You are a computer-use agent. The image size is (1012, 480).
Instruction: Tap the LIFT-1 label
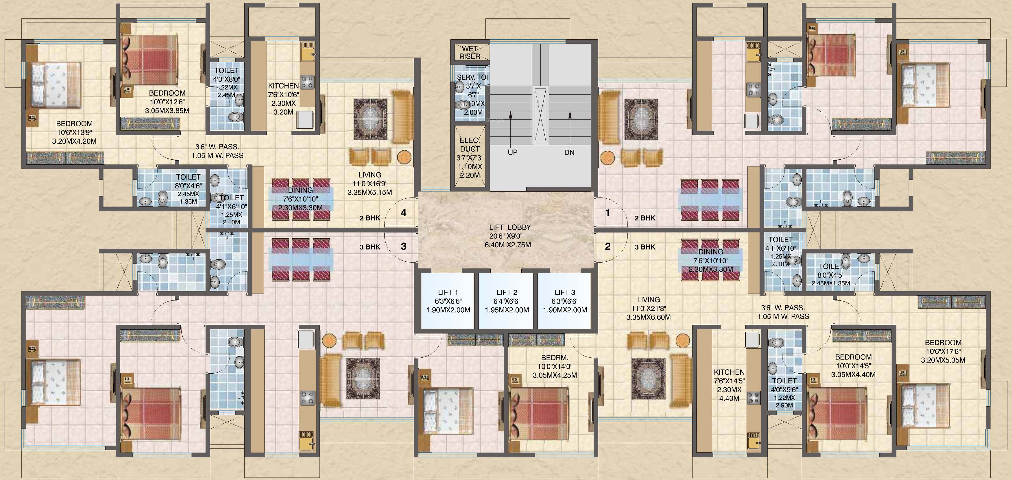[448, 293]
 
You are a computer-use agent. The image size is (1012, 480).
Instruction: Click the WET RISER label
[470, 52]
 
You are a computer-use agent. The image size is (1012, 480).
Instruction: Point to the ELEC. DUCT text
[470, 145]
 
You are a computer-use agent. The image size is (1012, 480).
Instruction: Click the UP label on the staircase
[512, 152]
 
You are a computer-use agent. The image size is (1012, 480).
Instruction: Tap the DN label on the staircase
[569, 152]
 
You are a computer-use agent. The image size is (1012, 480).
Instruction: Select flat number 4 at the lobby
[403, 213]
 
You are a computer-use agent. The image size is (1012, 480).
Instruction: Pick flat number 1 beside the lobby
[607, 213]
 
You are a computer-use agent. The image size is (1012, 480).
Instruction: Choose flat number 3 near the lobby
[403, 246]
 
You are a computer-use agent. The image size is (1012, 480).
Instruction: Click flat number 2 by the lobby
[608, 246]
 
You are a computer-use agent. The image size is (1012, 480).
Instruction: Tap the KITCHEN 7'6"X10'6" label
[283, 99]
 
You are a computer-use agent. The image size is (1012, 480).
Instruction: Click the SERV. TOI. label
[473, 77]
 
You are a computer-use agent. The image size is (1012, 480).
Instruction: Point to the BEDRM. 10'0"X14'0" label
[555, 366]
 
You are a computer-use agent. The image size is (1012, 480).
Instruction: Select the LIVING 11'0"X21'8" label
[648, 308]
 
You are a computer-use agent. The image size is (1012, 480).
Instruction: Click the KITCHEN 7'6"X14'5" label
[729, 385]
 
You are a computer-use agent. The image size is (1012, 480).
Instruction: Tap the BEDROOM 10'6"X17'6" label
[943, 351]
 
